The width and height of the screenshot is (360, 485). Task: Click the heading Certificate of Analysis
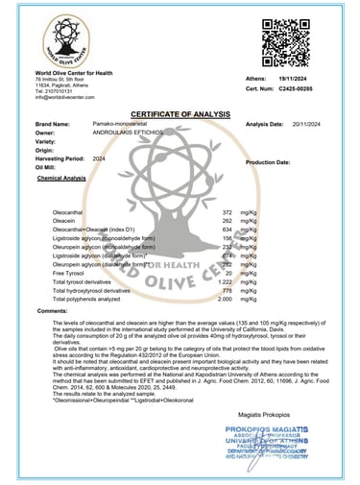click(x=179, y=110)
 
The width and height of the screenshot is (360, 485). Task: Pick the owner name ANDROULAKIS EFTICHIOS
click(x=125, y=133)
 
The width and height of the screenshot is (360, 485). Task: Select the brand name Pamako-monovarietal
click(x=120, y=124)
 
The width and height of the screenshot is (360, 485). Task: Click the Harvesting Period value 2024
click(x=99, y=158)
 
